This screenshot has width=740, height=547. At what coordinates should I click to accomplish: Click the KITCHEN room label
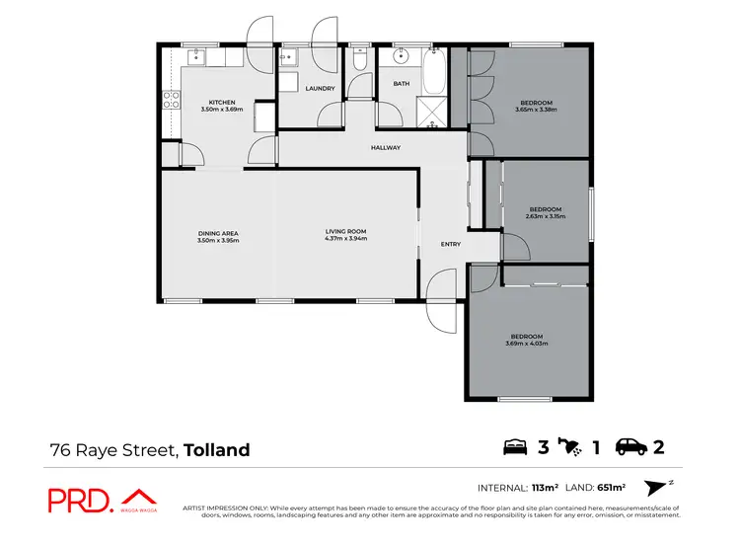tap(220, 101)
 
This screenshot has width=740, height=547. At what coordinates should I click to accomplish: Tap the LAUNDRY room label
tap(320, 89)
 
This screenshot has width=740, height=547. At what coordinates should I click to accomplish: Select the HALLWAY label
tap(385, 148)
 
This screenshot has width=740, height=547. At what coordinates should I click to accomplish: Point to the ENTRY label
tap(450, 244)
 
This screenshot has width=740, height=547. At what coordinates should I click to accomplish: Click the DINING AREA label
tap(218, 233)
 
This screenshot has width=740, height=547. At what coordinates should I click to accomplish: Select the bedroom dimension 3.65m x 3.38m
tap(537, 110)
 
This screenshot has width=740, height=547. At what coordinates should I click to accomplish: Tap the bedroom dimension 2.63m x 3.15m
tap(545, 216)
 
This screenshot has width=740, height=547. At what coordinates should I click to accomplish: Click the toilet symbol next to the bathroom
tap(360, 61)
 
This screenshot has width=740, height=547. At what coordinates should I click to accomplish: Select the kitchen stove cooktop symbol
tap(170, 99)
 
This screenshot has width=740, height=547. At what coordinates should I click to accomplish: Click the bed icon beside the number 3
tap(516, 447)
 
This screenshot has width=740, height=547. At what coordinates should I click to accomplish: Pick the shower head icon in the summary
tap(571, 447)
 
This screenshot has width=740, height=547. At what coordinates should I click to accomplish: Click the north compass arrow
tap(655, 487)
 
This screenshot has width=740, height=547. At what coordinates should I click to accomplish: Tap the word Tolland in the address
tap(217, 450)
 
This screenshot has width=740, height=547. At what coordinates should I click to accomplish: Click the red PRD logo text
tap(81, 500)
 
